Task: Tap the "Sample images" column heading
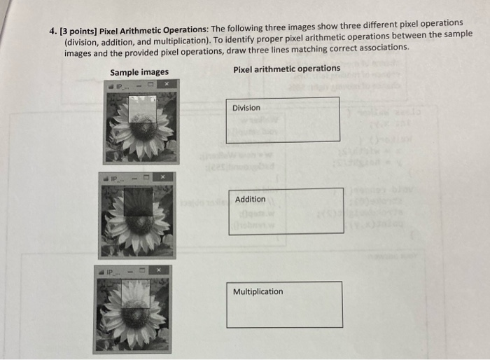[x=139, y=72]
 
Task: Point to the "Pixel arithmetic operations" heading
[x=287, y=69]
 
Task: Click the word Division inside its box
[x=246, y=108]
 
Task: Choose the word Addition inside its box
[x=250, y=200]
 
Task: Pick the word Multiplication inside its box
[x=258, y=292]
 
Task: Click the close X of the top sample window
[x=166, y=85]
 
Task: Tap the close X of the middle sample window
[x=160, y=178]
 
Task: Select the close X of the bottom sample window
[x=159, y=270]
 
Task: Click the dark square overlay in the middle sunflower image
[x=138, y=202]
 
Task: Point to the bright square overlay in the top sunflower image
[x=143, y=109]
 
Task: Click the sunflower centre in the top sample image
[x=144, y=129]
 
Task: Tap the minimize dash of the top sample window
[x=140, y=85]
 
